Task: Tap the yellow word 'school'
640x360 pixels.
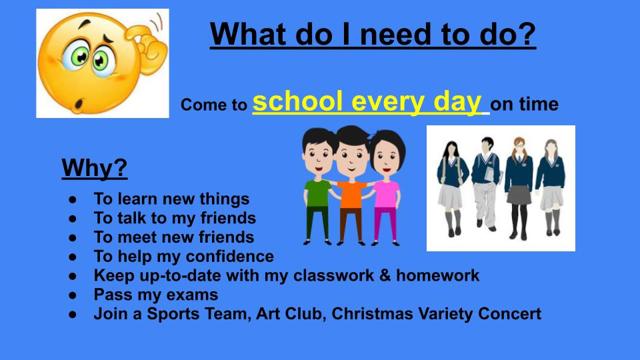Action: coord(297,101)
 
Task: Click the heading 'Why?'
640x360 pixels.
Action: coord(94,167)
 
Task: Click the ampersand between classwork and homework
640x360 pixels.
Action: coord(385,275)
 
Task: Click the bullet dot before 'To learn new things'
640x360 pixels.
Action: coord(73,199)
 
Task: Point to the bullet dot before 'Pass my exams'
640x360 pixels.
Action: coord(73,295)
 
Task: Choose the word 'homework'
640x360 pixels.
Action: coord(438,275)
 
